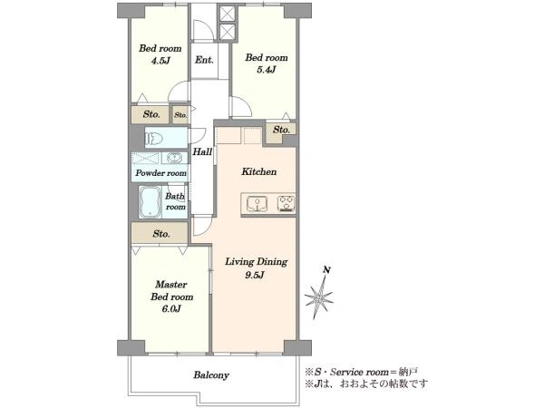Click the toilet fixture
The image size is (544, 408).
click(154, 139)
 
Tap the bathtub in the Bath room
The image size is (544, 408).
click(150, 202)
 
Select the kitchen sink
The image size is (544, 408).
click(257, 204)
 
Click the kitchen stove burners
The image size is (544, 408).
click(287, 204)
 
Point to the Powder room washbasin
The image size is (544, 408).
click(174, 158)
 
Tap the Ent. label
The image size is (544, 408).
click(204, 60)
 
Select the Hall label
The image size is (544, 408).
click(202, 151)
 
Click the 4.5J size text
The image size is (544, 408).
click(160, 62)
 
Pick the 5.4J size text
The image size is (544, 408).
click(267, 70)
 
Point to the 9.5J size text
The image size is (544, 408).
click(256, 275)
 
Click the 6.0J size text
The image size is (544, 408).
click(171, 308)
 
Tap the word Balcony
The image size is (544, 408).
click(211, 375)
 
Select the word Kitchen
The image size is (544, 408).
click(259, 171)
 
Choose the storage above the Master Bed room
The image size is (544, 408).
click(160, 234)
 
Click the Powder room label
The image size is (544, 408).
click(161, 173)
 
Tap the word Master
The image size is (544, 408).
click(171, 285)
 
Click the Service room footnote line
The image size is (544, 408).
click(361, 373)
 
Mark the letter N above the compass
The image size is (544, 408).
click(326, 270)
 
